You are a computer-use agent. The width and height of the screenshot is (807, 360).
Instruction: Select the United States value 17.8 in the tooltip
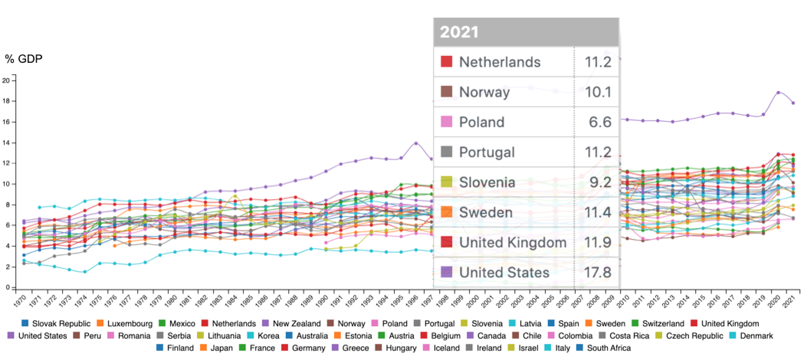[x=598, y=273]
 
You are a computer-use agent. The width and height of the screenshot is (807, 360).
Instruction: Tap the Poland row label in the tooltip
[x=482, y=122]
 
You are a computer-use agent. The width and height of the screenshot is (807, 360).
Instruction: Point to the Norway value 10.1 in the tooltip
[x=598, y=92]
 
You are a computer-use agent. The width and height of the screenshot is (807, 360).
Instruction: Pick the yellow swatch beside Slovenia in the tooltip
[x=446, y=182]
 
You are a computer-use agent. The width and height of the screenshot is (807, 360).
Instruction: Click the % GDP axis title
[x=24, y=59]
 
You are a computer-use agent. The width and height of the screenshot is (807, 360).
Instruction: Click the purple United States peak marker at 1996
[x=416, y=143]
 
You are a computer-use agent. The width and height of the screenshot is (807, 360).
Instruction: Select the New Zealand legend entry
[x=292, y=324]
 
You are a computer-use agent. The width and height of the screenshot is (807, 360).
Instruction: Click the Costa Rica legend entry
[x=625, y=336]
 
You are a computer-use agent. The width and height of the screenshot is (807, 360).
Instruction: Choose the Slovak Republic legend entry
[x=56, y=324]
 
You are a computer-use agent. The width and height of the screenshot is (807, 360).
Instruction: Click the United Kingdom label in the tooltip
[x=513, y=242]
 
